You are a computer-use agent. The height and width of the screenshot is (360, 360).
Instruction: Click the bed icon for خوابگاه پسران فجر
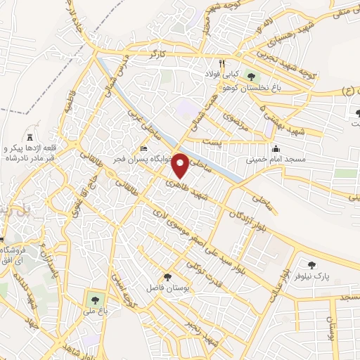(143, 148)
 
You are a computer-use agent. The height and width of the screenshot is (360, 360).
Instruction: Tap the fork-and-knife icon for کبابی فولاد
(221, 62)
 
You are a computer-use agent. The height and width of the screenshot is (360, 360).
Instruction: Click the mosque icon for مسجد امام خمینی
(276, 148)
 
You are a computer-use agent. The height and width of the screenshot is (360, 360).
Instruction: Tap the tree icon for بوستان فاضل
(167, 277)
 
